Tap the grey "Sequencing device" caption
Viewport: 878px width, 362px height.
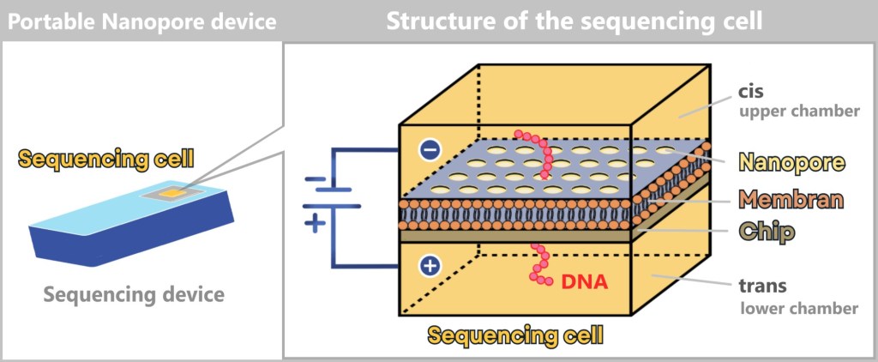pos(133,295)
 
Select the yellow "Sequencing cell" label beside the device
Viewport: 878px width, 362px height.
pos(105,159)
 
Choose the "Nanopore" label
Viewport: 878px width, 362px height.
pos(790,162)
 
